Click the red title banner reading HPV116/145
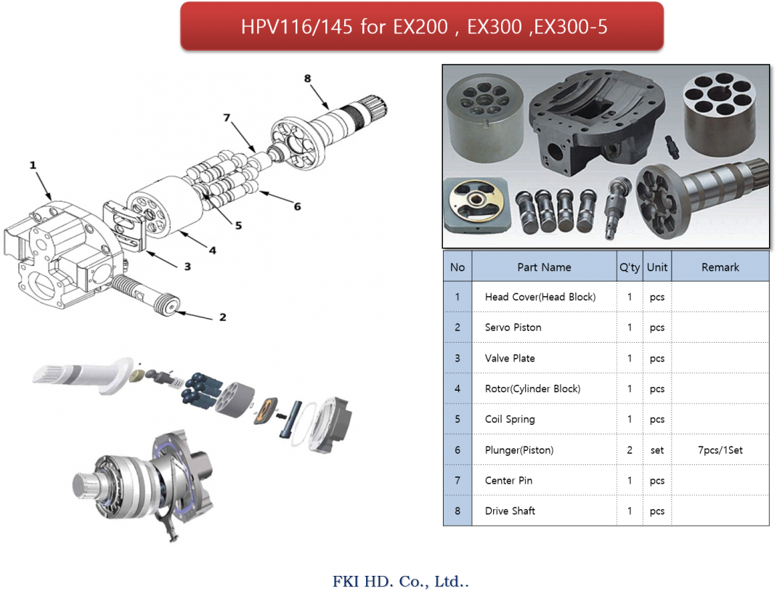click(422, 26)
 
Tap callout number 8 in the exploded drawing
click(308, 78)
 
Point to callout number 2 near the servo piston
click(223, 317)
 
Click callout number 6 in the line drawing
click(297, 206)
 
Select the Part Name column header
click(544, 267)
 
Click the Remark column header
click(720, 267)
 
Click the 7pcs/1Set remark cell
click(720, 450)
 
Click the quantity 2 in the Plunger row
click(630, 450)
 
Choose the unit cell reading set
click(657, 450)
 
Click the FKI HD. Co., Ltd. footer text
click(400, 581)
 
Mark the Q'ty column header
click(630, 267)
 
